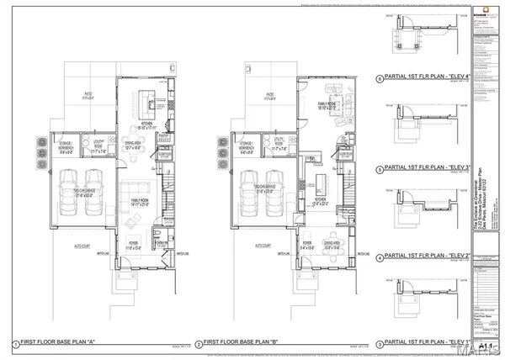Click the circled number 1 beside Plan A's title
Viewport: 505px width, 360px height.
15,344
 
